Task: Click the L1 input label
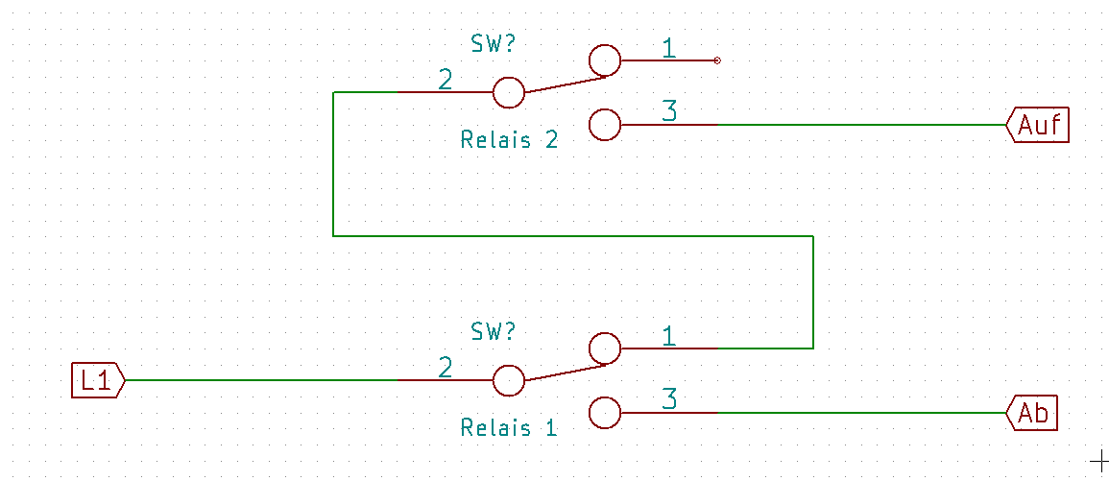pyautogui.click(x=98, y=380)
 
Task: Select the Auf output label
pyautogui.click(x=1038, y=125)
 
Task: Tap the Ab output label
pyautogui.click(x=1033, y=413)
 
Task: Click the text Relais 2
pyautogui.click(x=509, y=139)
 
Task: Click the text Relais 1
pyautogui.click(x=509, y=427)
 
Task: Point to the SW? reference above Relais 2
pyautogui.click(x=494, y=43)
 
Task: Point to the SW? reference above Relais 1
pyautogui.click(x=494, y=331)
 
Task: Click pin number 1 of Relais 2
pyautogui.click(x=669, y=48)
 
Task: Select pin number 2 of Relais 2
pyautogui.click(x=445, y=80)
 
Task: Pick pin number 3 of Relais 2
pyautogui.click(x=669, y=111)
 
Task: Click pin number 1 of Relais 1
pyautogui.click(x=669, y=336)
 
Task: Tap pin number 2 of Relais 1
pyautogui.click(x=445, y=368)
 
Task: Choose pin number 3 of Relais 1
pyautogui.click(x=669, y=399)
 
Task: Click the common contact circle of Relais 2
pyautogui.click(x=509, y=93)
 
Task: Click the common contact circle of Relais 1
pyautogui.click(x=509, y=381)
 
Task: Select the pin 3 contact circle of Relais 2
pyautogui.click(x=605, y=125)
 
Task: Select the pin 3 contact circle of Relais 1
pyautogui.click(x=605, y=413)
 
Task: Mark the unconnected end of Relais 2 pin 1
pyautogui.click(x=717, y=60)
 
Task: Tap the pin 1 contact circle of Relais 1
pyautogui.click(x=605, y=349)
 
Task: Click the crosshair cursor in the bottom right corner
pyautogui.click(x=1098, y=461)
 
